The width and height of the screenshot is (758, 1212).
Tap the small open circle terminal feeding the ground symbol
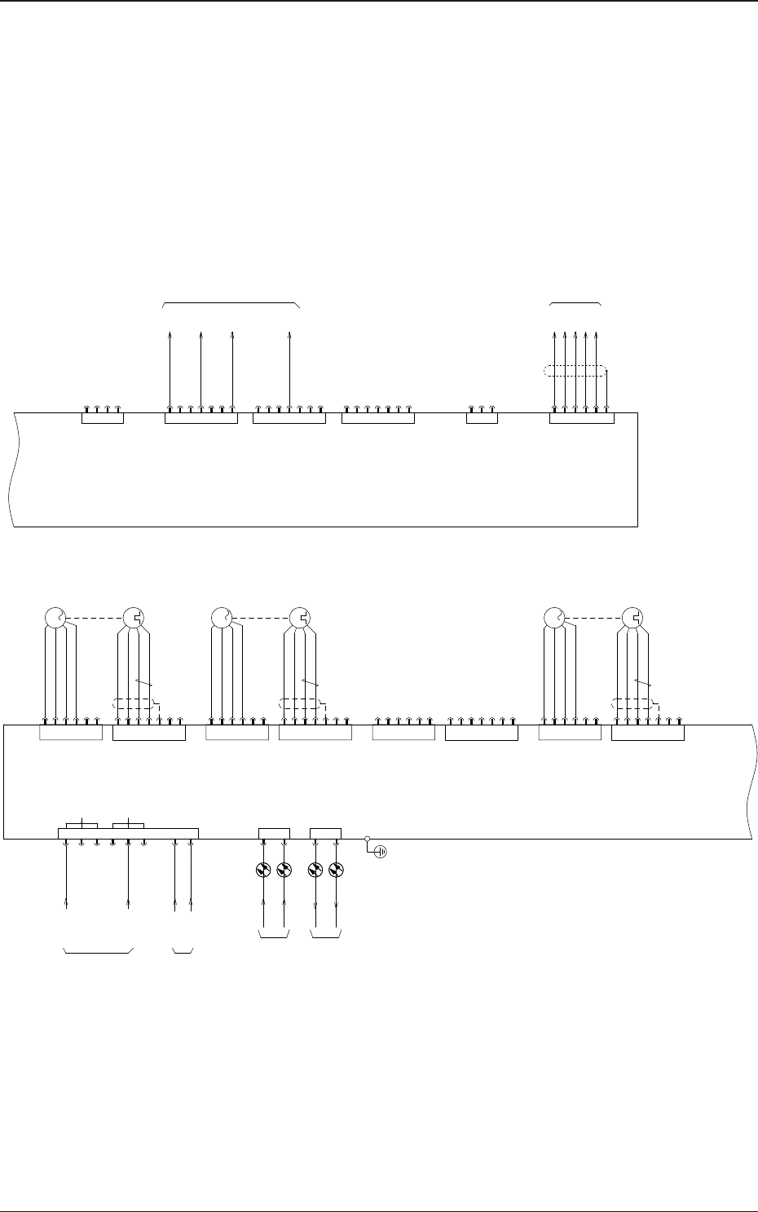point(368,838)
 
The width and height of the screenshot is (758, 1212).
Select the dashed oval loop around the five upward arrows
point(575,372)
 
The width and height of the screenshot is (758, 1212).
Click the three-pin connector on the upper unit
point(482,417)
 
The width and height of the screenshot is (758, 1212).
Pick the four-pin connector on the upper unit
point(103,417)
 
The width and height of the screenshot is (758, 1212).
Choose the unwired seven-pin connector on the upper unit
point(378,417)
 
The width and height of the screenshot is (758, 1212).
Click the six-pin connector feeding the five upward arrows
point(581,417)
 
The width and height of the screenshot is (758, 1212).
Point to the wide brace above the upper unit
point(231,304)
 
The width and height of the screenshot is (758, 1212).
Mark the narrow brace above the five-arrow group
point(575,304)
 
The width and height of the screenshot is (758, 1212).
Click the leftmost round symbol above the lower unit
point(54,617)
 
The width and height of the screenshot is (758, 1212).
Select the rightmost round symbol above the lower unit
point(632,617)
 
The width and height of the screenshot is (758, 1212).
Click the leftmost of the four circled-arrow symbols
point(262,870)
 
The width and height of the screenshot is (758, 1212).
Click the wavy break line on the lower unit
point(749,781)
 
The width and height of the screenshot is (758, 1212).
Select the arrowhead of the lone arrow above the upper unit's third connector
point(290,334)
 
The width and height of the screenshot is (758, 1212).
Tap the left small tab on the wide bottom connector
point(82,826)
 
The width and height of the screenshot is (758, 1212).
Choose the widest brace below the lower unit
point(99,951)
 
